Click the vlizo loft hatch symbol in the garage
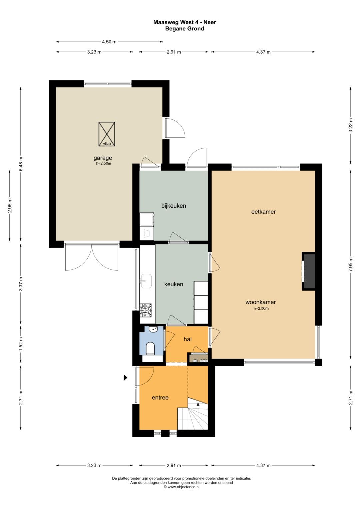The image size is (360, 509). pyautogui.click(x=107, y=134)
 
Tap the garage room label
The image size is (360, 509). pyautogui.click(x=103, y=158)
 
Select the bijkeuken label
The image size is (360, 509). pyautogui.click(x=174, y=206)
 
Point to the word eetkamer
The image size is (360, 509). pyautogui.click(x=263, y=212)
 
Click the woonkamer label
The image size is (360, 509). pyautogui.click(x=260, y=302)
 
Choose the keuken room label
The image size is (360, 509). pyautogui.click(x=174, y=284)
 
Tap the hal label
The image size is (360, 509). pyautogui.click(x=187, y=339)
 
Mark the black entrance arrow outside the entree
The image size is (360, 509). pyautogui.click(x=125, y=377)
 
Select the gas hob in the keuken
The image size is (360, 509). pyautogui.click(x=145, y=310)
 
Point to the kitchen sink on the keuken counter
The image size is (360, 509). pyautogui.click(x=146, y=281)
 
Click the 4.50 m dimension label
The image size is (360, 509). pyautogui.click(x=109, y=42)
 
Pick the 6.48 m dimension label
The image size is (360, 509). pyautogui.click(x=21, y=164)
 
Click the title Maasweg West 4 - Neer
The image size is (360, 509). pyautogui.click(x=185, y=22)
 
